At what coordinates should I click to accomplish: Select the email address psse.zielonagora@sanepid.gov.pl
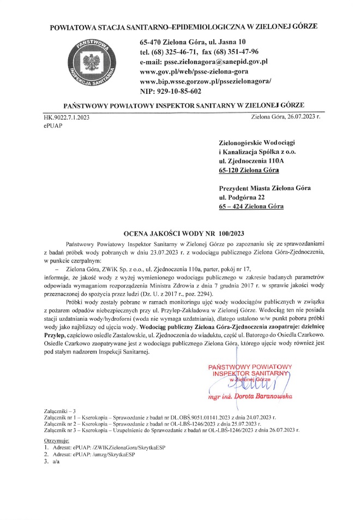tap(203, 62)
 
